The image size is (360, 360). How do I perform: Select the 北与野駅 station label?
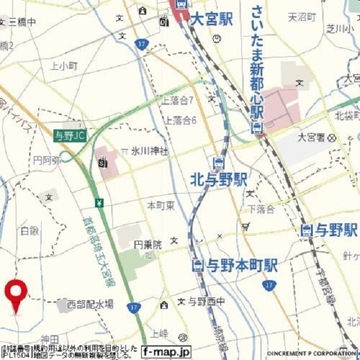(x=219, y=180)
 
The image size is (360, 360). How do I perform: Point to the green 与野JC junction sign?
(x=71, y=136)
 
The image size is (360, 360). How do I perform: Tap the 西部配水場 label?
(x=90, y=304)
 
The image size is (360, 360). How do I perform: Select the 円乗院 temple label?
(x=147, y=245)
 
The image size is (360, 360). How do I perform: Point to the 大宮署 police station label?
(x=312, y=137)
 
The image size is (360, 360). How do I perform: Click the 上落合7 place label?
(x=178, y=101)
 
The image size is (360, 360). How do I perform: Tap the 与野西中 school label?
(x=206, y=302)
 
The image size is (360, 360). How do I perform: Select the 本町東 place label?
(x=160, y=205)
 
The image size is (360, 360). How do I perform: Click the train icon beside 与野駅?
(x=307, y=230)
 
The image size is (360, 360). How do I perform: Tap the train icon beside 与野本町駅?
(x=198, y=265)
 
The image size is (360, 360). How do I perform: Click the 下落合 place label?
(x=262, y=209)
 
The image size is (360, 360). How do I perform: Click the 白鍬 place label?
(x=30, y=230)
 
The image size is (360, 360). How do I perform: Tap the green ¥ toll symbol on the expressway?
(x=99, y=202)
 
